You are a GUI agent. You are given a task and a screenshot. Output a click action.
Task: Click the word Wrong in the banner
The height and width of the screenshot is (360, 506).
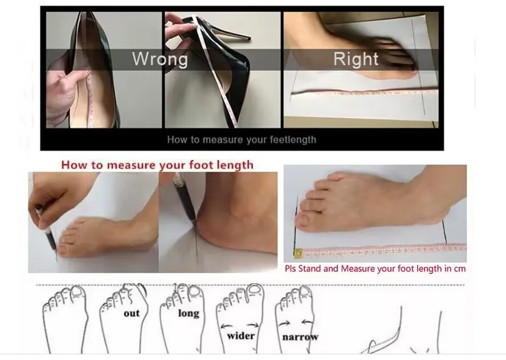pyautogui.click(x=160, y=59)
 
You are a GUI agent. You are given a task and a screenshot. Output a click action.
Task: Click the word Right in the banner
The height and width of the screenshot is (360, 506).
pyautogui.click(x=356, y=59)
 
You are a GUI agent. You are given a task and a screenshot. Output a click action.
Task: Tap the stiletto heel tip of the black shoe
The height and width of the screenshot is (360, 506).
pyautogui.click(x=248, y=38)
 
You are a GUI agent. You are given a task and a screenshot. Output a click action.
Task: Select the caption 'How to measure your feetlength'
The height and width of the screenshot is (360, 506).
pyautogui.click(x=242, y=140)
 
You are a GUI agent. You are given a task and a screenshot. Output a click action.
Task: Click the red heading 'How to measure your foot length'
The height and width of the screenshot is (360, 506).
pyautogui.click(x=157, y=165)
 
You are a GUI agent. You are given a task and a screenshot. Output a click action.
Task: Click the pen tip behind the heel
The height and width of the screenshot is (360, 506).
pyautogui.click(x=194, y=223)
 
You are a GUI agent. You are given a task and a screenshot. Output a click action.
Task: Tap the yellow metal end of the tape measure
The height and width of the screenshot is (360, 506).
pyautogui.click(x=298, y=253)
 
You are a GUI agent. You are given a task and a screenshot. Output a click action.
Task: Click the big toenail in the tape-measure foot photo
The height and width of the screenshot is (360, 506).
pyautogui.click(x=303, y=220)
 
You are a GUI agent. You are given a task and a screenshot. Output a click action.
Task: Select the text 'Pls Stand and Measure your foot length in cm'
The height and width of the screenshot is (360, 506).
pyautogui.click(x=376, y=269)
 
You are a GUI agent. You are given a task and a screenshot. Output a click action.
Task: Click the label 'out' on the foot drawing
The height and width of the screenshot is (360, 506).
pyautogui.click(x=132, y=313)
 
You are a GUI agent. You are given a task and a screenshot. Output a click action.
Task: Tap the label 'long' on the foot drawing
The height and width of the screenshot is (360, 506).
pyautogui.click(x=189, y=313)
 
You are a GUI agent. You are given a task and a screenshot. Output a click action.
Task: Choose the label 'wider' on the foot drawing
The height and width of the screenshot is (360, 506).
pyautogui.click(x=240, y=336)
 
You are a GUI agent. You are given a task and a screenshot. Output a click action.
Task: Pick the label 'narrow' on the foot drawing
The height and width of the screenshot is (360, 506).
pyautogui.click(x=300, y=337)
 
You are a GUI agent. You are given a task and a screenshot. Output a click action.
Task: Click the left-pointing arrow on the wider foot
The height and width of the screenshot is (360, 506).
pyautogui.click(x=227, y=326)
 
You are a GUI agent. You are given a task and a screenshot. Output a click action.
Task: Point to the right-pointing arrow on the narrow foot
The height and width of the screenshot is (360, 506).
pyautogui.click(x=284, y=324)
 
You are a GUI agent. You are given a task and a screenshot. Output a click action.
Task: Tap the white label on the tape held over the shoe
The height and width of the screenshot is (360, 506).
pyautogui.click(x=174, y=40)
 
